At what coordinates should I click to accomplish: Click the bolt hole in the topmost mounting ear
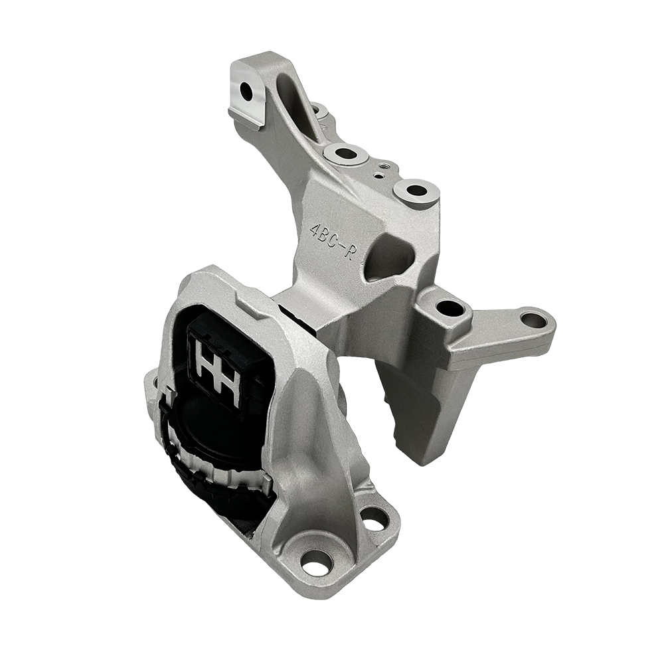[247, 90]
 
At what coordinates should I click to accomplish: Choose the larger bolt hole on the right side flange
[451, 308]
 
